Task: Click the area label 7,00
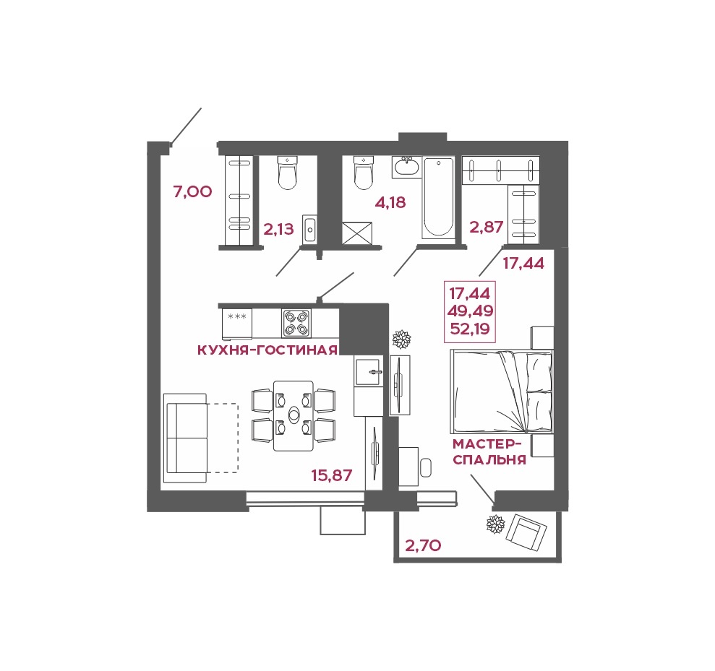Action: [192, 192]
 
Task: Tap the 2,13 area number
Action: [278, 229]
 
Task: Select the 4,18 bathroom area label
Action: [390, 202]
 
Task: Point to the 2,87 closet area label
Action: [487, 227]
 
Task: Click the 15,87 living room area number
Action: [332, 475]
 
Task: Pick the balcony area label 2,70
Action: [423, 545]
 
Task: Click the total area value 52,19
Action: [470, 328]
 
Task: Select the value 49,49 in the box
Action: [470, 311]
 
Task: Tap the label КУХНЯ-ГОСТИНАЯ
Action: [267, 350]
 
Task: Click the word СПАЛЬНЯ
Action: [489, 459]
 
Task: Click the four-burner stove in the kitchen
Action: [296, 324]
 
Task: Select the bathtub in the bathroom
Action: [438, 197]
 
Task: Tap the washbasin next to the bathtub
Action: [406, 167]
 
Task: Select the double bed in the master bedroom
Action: [502, 391]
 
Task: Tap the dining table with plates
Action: [294, 416]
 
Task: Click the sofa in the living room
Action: [185, 438]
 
